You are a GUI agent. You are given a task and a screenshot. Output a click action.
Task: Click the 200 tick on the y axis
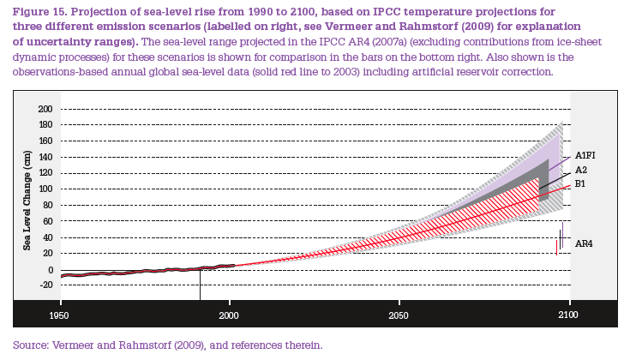tap(45, 110)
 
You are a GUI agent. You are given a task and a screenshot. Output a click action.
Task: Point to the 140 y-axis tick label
tap(45, 158)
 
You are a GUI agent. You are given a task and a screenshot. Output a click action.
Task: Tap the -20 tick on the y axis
tap(45, 285)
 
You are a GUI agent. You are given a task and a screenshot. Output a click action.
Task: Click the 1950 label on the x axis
tap(61, 315)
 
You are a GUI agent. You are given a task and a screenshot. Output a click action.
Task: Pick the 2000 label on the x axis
tap(229, 315)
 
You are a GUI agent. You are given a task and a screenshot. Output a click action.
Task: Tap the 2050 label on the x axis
tap(398, 315)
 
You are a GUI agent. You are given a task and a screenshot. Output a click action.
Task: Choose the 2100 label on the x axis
tap(567, 315)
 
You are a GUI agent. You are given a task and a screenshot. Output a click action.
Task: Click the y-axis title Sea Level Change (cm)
tap(28, 201)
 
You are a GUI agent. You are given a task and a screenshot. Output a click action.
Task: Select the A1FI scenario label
tap(586, 155)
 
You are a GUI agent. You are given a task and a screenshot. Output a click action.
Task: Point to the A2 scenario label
tap(581, 170)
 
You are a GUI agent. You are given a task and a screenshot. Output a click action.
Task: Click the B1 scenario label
tap(580, 183)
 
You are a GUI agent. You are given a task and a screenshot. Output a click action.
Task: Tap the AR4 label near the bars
tap(584, 244)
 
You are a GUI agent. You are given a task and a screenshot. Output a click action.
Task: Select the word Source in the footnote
tap(32, 345)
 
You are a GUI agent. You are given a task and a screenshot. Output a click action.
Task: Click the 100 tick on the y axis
tap(45, 189)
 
